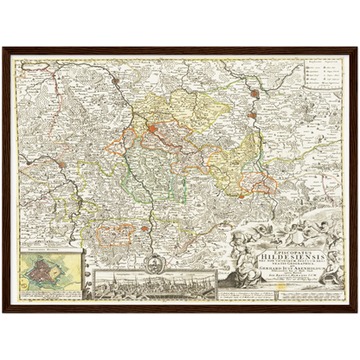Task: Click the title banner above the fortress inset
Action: click(x=48, y=253)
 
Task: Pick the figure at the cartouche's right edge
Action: click(x=334, y=260)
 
